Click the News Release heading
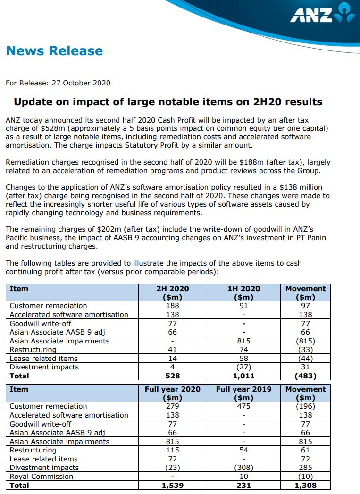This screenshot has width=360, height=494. click(54, 51)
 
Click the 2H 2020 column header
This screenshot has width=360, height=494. click(173, 288)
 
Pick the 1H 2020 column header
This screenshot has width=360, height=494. click(243, 288)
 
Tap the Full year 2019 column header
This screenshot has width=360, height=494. click(243, 389)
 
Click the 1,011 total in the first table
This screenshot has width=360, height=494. click(243, 376)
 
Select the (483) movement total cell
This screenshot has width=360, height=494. click(305, 376)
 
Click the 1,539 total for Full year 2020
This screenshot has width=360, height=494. click(173, 486)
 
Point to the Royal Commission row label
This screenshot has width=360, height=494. click(42, 477)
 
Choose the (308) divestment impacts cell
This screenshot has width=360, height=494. click(243, 468)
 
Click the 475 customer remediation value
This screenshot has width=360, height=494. click(243, 406)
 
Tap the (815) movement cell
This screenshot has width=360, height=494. click(305, 341)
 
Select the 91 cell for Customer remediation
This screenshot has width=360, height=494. click(243, 306)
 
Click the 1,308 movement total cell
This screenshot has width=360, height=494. click(305, 486)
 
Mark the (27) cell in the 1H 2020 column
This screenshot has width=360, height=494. click(243, 367)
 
